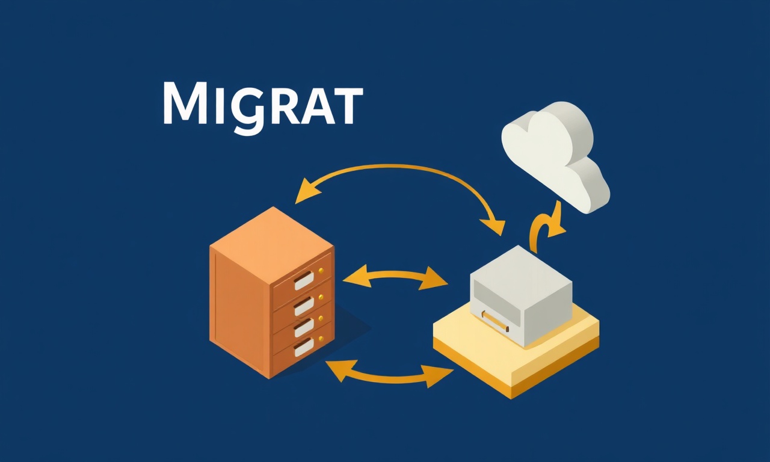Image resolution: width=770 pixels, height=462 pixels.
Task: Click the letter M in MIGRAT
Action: click(x=186, y=103)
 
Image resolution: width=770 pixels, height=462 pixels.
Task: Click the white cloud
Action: click(x=555, y=156)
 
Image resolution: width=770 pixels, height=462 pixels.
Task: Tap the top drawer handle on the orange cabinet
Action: click(x=304, y=280)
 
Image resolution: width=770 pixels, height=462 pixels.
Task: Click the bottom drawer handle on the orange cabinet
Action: click(x=304, y=347)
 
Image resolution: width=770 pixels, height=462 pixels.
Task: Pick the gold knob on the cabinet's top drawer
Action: click(x=321, y=271)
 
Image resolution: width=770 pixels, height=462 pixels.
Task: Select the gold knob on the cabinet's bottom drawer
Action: click(x=321, y=338)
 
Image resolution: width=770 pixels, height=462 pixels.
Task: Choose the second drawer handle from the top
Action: click(x=304, y=306)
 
